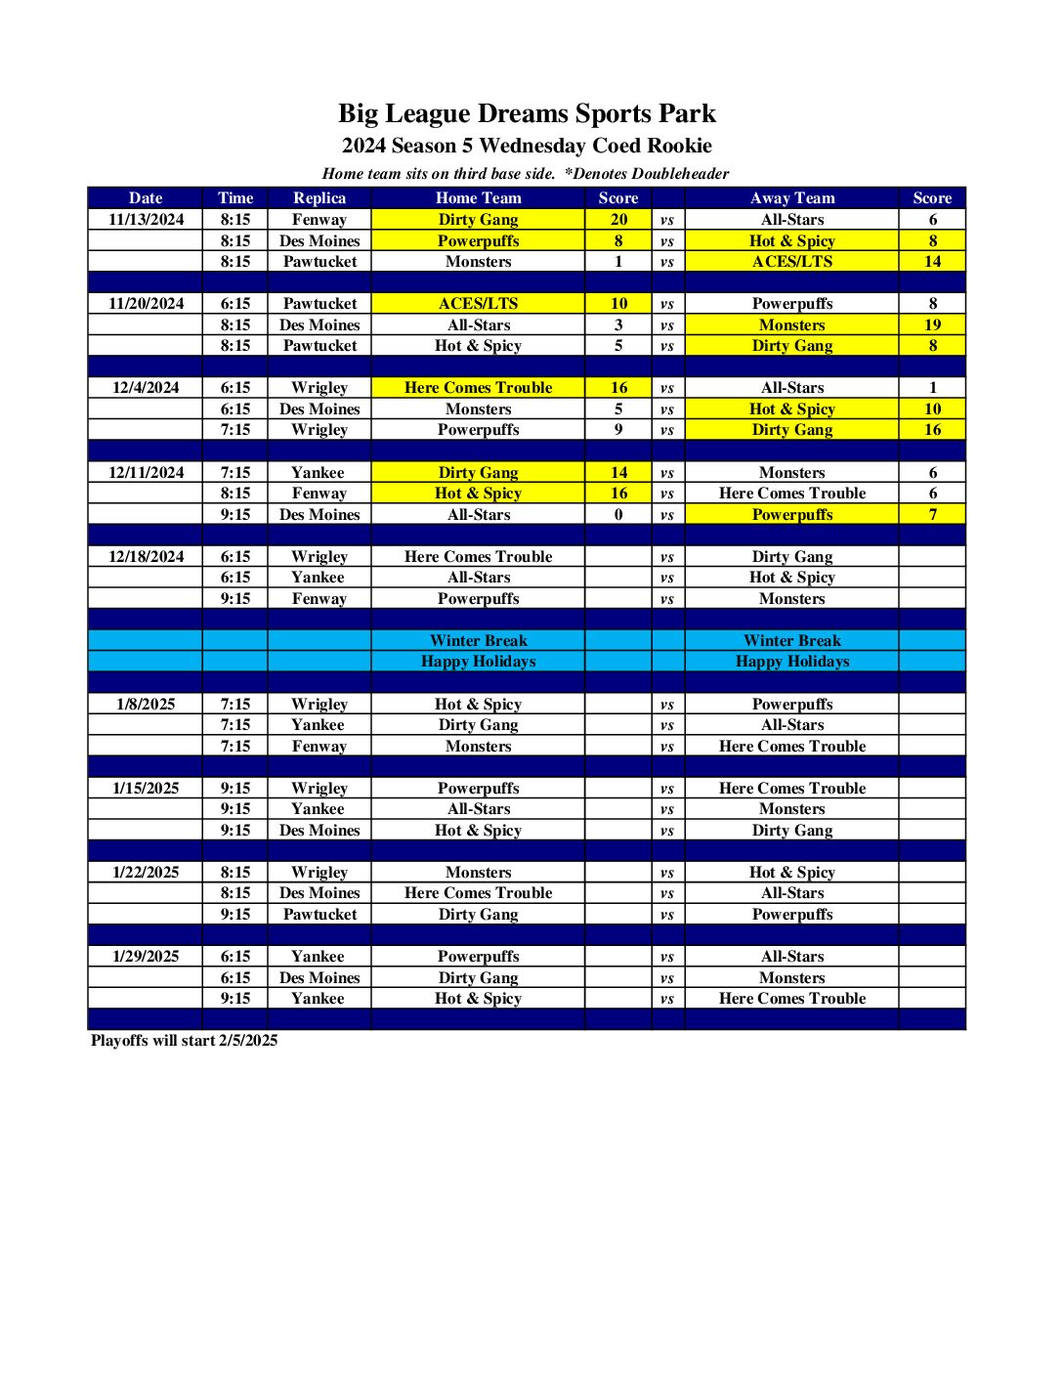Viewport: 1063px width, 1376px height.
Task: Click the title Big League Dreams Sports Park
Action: tap(527, 113)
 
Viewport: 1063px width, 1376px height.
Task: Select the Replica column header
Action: tap(319, 197)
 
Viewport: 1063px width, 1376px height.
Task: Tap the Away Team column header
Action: tap(791, 197)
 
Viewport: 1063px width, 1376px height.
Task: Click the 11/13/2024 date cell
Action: tap(146, 220)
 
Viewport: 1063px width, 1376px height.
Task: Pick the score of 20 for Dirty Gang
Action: tap(618, 220)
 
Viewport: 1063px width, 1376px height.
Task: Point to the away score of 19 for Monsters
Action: tap(932, 324)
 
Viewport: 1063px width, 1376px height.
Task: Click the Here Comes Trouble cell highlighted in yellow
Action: tap(478, 388)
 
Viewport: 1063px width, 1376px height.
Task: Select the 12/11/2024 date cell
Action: tap(146, 472)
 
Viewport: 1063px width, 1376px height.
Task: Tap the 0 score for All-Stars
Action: tap(618, 514)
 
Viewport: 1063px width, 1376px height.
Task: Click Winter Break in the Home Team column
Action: tap(478, 641)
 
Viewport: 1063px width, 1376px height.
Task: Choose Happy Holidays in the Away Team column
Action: tap(791, 662)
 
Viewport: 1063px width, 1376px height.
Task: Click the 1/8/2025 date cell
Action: tap(146, 704)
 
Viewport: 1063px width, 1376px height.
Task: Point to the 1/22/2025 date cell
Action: tap(146, 872)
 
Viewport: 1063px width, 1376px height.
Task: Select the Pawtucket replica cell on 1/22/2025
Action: tap(319, 914)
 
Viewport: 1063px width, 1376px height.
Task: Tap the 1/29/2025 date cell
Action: tap(146, 956)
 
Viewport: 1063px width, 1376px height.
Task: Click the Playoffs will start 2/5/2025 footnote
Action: tap(184, 1040)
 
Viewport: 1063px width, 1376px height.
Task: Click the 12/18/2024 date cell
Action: tap(146, 556)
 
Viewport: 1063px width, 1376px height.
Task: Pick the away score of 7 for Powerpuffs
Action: tap(932, 514)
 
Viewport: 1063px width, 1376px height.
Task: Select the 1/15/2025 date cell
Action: tap(146, 788)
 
